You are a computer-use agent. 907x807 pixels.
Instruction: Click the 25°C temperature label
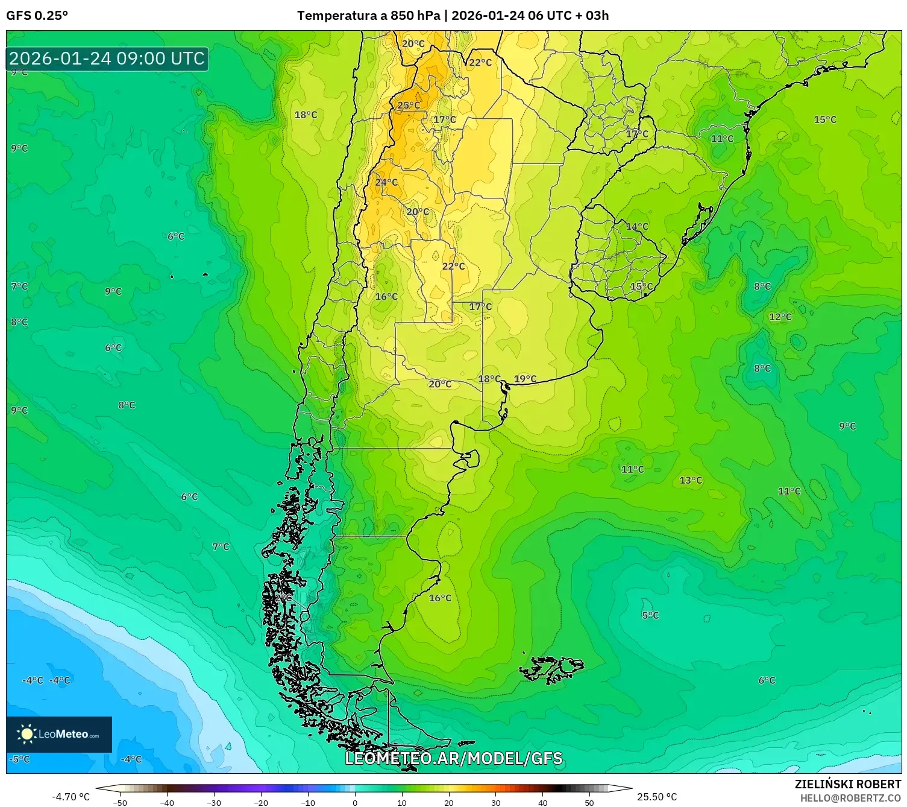click(x=409, y=106)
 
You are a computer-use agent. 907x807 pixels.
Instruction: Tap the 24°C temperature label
click(x=386, y=182)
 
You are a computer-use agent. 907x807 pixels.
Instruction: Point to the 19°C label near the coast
click(x=525, y=379)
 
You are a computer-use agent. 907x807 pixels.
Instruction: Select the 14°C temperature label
click(x=637, y=226)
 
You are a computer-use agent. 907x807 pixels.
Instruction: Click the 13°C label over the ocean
click(x=691, y=480)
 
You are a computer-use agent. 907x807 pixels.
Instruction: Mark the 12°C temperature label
click(x=780, y=317)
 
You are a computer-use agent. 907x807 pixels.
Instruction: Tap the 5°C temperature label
click(x=650, y=615)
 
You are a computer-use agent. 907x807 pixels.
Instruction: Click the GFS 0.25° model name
click(x=37, y=16)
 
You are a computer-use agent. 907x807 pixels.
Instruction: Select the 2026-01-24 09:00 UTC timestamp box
click(x=107, y=59)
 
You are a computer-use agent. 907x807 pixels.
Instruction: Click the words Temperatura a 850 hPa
click(x=368, y=16)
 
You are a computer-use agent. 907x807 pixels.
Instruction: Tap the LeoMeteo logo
click(x=59, y=734)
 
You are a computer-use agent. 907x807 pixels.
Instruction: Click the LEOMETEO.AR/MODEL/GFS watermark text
click(x=453, y=758)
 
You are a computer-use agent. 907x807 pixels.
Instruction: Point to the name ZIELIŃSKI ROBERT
click(x=847, y=784)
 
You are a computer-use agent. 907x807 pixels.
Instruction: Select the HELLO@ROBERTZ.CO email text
click(x=850, y=797)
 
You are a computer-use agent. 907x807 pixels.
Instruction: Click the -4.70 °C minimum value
click(x=71, y=797)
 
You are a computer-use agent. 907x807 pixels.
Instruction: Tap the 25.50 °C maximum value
click(x=657, y=797)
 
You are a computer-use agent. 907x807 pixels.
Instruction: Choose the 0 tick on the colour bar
click(x=354, y=802)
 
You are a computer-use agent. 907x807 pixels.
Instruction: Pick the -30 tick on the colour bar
click(x=214, y=802)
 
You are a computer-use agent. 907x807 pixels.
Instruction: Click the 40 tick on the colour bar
click(x=542, y=802)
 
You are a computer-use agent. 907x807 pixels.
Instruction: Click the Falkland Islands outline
click(x=551, y=668)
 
